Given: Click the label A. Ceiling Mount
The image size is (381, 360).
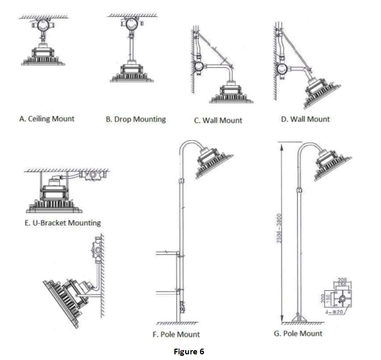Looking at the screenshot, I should point(46,119).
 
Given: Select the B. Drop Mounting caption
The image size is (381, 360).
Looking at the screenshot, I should point(136,119).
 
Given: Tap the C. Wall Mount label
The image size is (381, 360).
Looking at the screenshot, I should point(218,120).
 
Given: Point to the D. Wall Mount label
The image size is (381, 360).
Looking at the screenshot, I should point(305,119).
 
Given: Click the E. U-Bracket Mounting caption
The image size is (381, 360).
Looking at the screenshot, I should point(63,223).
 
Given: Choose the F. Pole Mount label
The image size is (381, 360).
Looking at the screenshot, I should point(176,334).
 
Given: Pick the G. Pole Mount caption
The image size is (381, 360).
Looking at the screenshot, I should point(298,333).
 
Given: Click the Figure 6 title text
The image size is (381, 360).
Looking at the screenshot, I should point(189,352).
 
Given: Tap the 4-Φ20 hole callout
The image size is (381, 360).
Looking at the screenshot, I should point(338,313).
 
